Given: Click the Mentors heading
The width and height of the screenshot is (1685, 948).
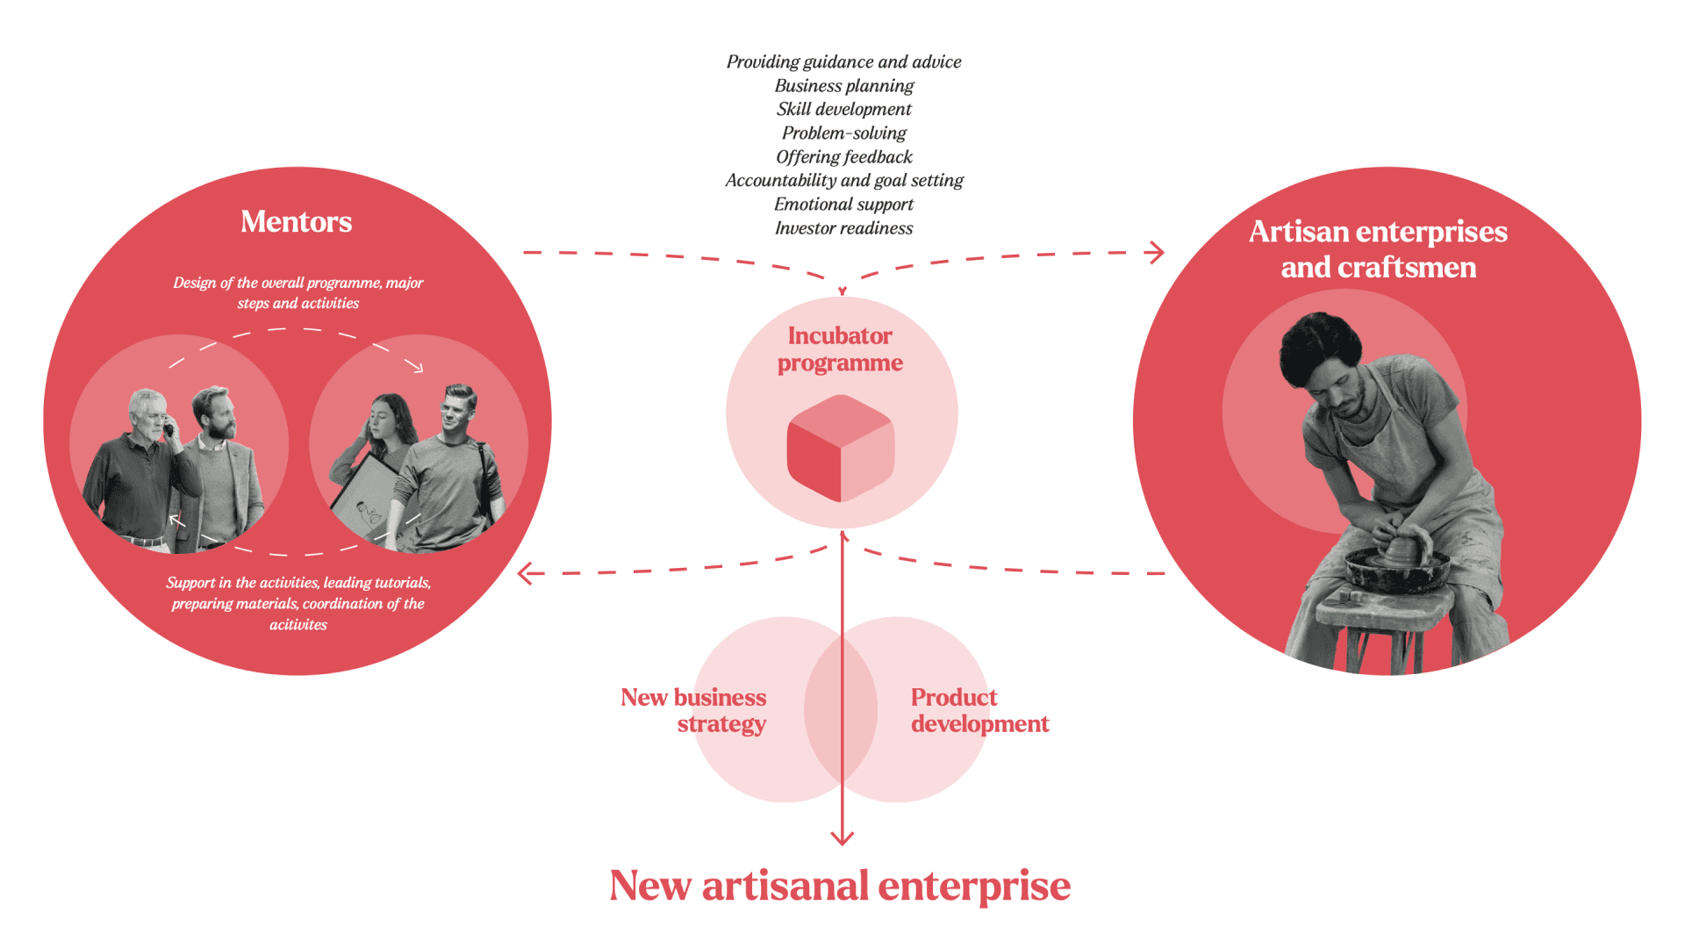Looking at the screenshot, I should coord(296,222).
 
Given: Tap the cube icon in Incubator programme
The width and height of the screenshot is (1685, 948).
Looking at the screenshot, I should coord(840,449).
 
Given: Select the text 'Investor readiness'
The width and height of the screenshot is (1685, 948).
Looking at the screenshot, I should coord(843,228).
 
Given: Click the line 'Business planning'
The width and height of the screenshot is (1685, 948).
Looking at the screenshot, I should coord(843,86).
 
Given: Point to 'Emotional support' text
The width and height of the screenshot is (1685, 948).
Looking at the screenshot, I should coord(843,205).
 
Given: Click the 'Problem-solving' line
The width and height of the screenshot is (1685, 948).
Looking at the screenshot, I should coord(843,133).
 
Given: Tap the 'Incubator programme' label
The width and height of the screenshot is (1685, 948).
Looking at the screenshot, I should coord(840,349).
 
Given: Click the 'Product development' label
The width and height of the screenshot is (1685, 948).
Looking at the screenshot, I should coord(979,710).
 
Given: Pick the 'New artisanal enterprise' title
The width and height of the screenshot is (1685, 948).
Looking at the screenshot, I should coord(840,886).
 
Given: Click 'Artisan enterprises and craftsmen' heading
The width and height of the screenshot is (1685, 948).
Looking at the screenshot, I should coord(1378,249).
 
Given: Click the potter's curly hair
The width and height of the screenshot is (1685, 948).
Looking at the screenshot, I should coord(1321,342).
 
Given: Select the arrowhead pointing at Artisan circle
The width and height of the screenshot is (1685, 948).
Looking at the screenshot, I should coord(1158,253).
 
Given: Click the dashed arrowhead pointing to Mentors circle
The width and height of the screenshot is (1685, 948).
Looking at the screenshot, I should coord(525,574).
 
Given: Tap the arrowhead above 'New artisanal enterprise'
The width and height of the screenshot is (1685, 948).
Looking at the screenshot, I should coord(842,838).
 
